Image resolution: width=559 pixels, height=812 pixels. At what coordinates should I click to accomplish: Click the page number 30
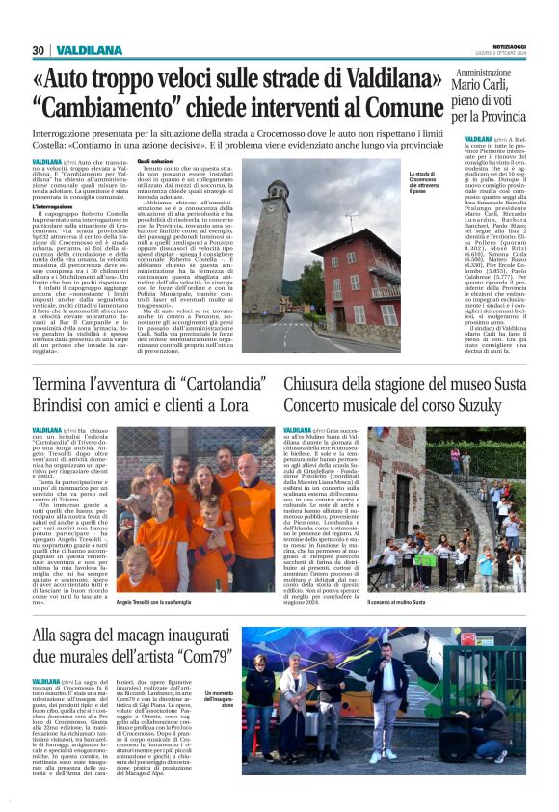point(39,50)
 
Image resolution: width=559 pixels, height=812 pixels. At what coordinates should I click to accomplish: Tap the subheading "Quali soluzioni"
point(157,161)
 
